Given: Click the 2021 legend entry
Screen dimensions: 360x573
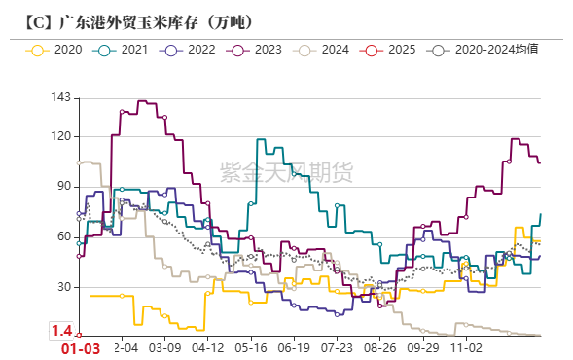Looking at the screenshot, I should (x=126, y=49).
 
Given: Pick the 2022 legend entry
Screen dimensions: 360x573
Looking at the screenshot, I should (x=193, y=49).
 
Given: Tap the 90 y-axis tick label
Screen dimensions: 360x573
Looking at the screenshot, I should (x=63, y=186).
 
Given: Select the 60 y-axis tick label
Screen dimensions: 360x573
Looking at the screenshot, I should (x=63, y=236).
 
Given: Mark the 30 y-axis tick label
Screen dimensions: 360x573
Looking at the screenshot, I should (x=63, y=287).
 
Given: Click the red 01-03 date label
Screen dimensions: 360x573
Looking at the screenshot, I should (x=81, y=348).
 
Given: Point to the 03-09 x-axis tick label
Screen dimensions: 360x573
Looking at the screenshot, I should (x=164, y=346).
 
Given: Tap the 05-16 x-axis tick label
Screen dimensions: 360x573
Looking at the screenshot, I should (x=251, y=346).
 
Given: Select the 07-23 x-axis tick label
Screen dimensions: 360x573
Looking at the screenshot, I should (x=338, y=346).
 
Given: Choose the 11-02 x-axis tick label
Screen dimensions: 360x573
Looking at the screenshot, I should (x=466, y=346).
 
